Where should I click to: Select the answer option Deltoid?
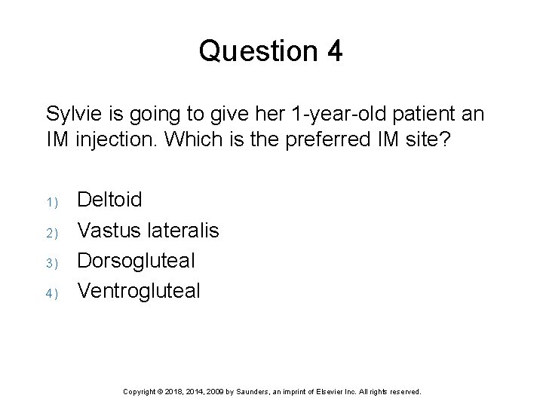[x=109, y=200]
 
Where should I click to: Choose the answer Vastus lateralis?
[x=149, y=230]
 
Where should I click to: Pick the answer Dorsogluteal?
[x=137, y=261]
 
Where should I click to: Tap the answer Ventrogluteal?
[x=140, y=291]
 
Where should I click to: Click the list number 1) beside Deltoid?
[x=52, y=202]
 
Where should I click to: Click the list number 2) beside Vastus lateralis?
[x=52, y=232]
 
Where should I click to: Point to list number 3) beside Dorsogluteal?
[x=52, y=263]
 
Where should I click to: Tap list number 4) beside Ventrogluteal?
[x=52, y=293]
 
